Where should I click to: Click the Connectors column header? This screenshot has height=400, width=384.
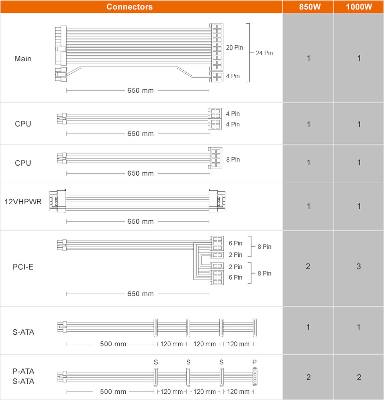coord(129,7)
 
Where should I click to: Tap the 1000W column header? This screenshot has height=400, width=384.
coord(359,7)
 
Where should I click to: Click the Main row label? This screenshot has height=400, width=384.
coord(23,59)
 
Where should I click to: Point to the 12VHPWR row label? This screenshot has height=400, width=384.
coord(23,202)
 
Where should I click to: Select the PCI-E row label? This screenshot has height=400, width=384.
coord(23,267)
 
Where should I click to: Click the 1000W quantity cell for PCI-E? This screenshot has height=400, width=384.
coord(358,266)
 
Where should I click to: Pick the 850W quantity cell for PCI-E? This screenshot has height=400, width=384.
coord(308,266)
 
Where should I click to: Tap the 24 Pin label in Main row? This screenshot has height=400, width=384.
coord(264,53)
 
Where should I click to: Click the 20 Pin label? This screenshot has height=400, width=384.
coord(234,48)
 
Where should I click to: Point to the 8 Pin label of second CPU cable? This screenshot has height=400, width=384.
coord(233,159)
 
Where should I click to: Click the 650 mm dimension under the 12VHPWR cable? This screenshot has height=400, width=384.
coord(140,222)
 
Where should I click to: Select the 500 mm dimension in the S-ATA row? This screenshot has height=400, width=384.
coord(113,344)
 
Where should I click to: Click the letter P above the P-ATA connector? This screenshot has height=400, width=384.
coord(255,362)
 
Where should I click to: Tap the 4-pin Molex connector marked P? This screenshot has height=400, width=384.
coord(255,377)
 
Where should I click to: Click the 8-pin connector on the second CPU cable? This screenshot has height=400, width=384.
coord(215,158)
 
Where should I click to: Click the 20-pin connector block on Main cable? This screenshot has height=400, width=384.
coord(217,47)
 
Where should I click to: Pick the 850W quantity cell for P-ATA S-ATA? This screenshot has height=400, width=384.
coord(308,377)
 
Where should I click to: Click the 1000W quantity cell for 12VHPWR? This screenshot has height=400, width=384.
coord(359,206)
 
